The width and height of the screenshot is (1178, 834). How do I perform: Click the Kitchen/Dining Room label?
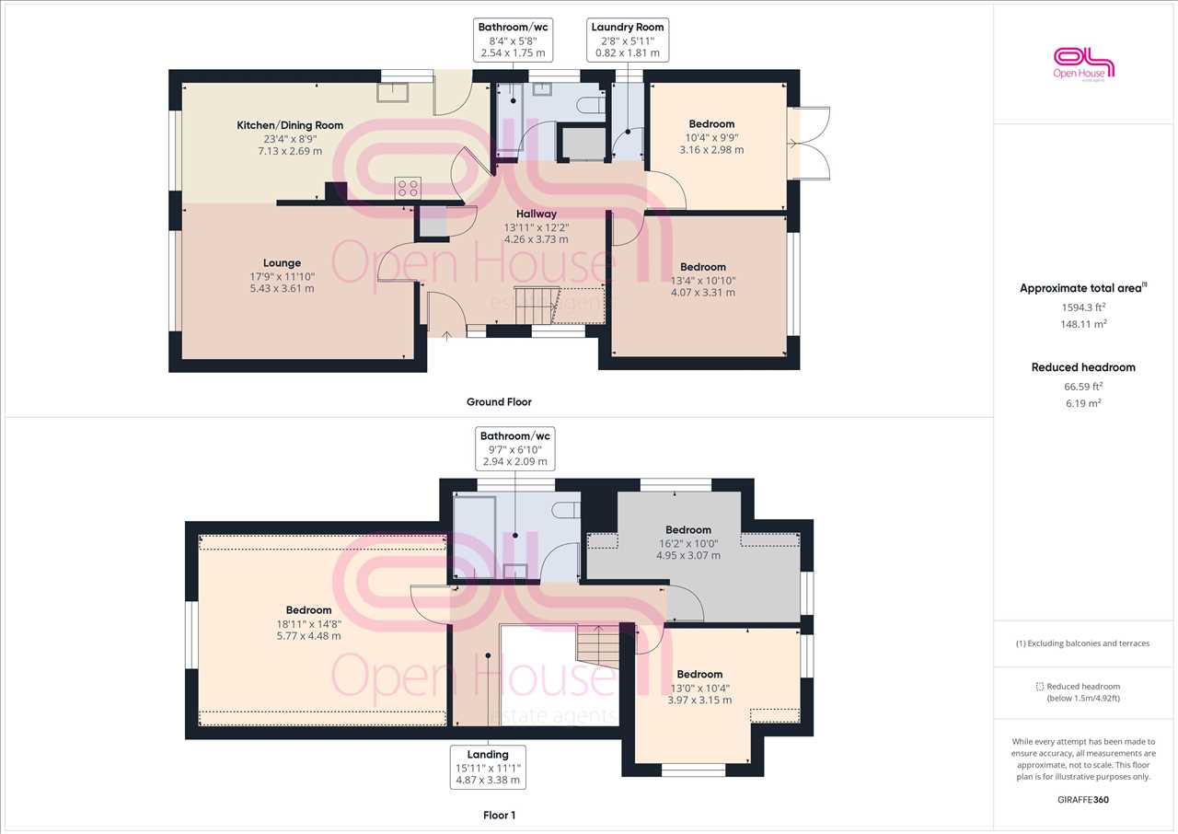[x=290, y=125]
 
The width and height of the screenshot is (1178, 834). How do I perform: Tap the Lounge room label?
[x=282, y=263]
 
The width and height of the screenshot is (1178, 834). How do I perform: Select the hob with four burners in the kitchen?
[x=408, y=189]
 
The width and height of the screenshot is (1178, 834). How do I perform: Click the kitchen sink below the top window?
[x=393, y=93]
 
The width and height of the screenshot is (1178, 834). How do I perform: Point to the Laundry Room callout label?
[x=628, y=40]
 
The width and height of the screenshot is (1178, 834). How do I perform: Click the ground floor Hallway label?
[x=536, y=214]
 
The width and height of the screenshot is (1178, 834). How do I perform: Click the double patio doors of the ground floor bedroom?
[x=809, y=143]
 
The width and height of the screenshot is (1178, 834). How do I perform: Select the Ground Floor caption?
[x=499, y=401]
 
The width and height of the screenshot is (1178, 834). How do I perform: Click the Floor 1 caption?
[x=499, y=815]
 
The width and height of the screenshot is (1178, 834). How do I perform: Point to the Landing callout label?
[x=488, y=767]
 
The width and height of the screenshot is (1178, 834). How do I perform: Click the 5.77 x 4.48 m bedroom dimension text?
[x=308, y=636]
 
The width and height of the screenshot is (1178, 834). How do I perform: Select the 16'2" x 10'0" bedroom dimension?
[x=688, y=544]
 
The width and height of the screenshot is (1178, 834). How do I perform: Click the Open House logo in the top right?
[x=1083, y=64]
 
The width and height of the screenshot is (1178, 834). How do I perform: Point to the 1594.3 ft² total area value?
[x=1083, y=307]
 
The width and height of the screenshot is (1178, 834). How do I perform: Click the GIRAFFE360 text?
[x=1083, y=800]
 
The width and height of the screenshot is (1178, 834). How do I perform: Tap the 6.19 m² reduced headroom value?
[x=1083, y=403]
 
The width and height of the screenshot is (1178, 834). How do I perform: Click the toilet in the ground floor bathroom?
[x=591, y=106]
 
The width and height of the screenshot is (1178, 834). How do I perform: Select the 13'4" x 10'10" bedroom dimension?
[x=703, y=281]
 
